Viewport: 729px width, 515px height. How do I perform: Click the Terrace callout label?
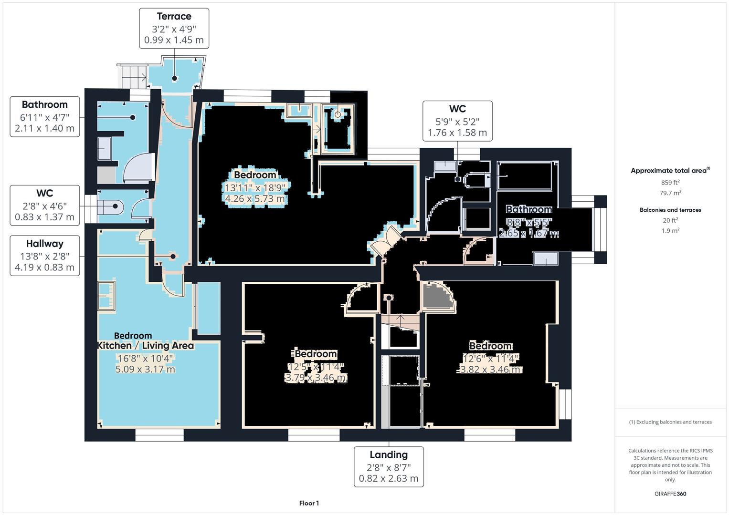pos(174,28)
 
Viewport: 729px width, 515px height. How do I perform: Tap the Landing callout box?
pos(389,466)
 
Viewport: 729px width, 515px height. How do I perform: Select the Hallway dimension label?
pos(45,255)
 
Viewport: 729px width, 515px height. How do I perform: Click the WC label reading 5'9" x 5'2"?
pos(457,121)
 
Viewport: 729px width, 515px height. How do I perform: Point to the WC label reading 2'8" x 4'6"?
pos(45,205)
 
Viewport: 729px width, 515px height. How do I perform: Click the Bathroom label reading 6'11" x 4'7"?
pos(45,116)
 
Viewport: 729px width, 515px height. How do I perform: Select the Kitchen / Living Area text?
pos(146,346)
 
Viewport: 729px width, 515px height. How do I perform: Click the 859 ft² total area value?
pos(670,183)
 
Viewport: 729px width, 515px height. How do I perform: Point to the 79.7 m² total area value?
pos(670,193)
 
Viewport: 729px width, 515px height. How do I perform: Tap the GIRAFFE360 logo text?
pos(670,494)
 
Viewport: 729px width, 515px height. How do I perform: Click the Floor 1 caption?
pos(309,503)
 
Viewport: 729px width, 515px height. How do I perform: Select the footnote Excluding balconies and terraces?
pos(670,422)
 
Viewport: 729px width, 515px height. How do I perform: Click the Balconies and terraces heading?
pos(670,210)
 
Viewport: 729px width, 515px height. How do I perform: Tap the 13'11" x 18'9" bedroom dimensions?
pos(255,187)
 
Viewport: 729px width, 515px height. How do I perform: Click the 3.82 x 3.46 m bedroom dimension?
pos(490,370)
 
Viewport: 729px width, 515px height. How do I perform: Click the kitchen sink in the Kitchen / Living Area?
pos(106,296)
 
